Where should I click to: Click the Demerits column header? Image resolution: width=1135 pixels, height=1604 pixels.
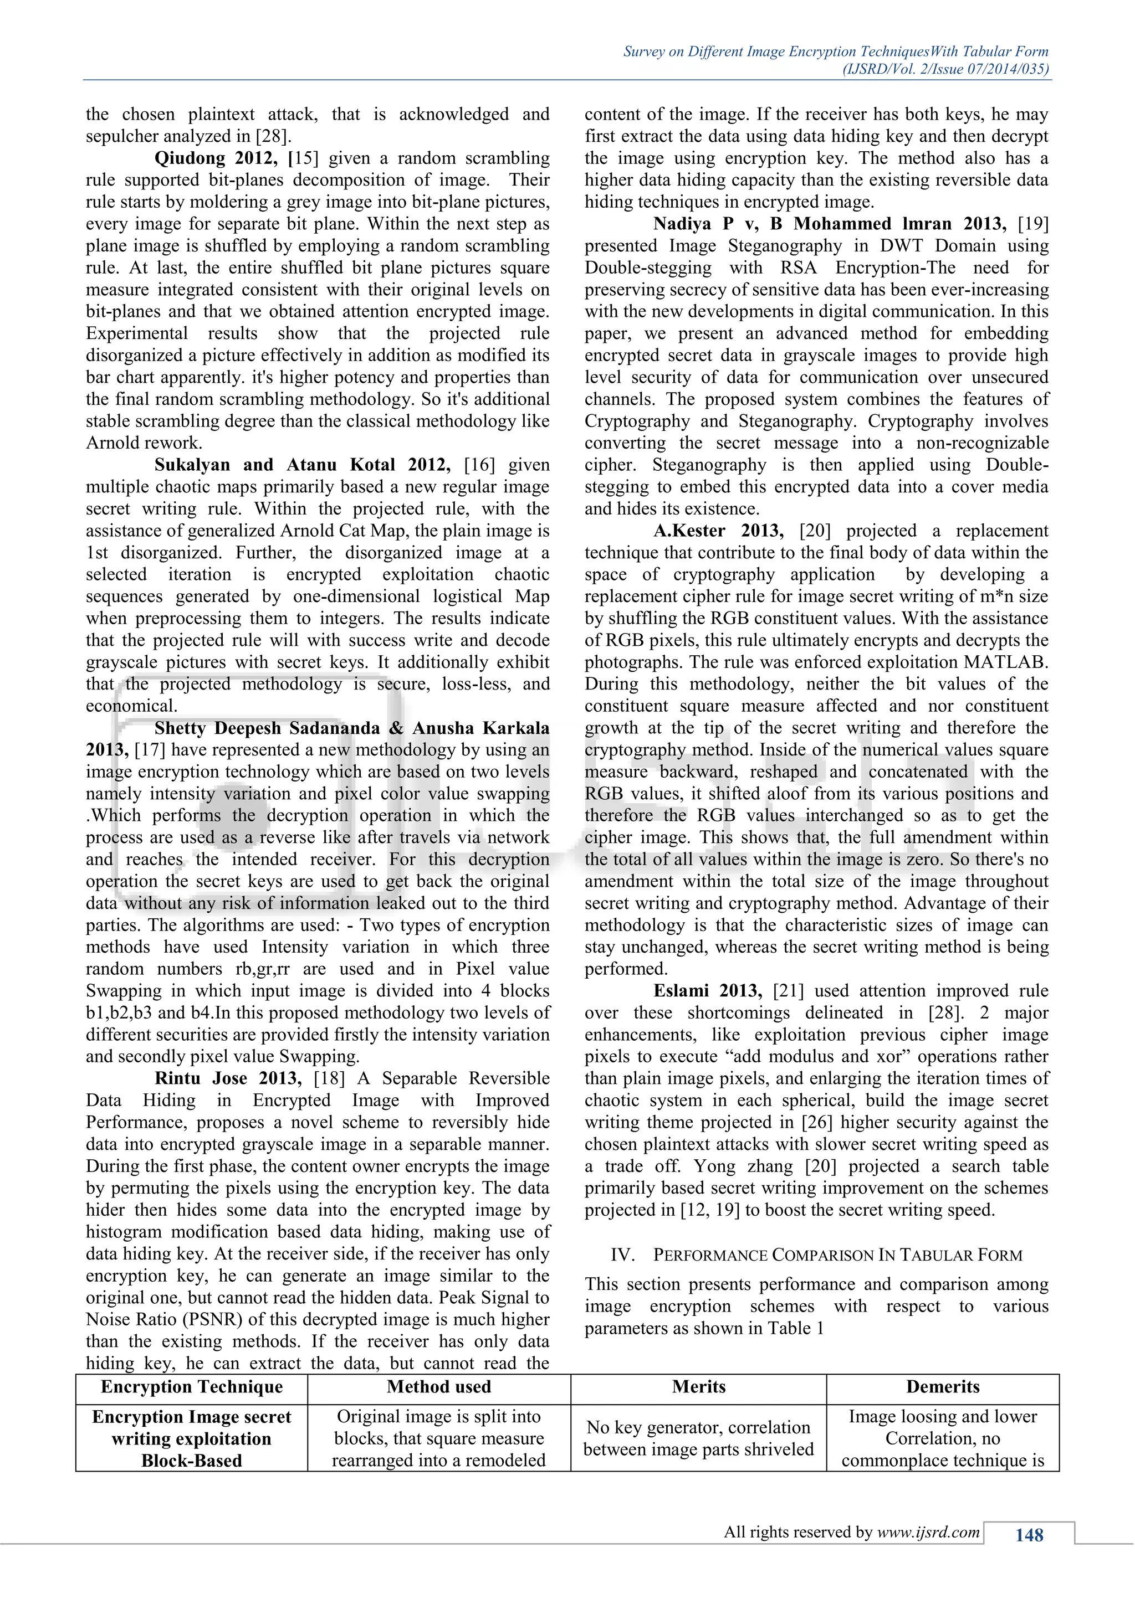click(942, 1387)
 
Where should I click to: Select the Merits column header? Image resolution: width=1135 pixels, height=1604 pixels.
click(698, 1387)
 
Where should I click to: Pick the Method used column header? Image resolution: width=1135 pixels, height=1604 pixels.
click(439, 1387)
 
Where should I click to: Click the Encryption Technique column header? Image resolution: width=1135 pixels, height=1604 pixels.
click(192, 1387)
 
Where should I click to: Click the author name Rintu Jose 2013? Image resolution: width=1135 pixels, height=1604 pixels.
click(228, 1078)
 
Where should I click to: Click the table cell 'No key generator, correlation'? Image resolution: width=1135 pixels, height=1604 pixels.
click(698, 1427)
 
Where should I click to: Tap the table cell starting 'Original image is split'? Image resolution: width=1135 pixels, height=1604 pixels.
click(439, 1417)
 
